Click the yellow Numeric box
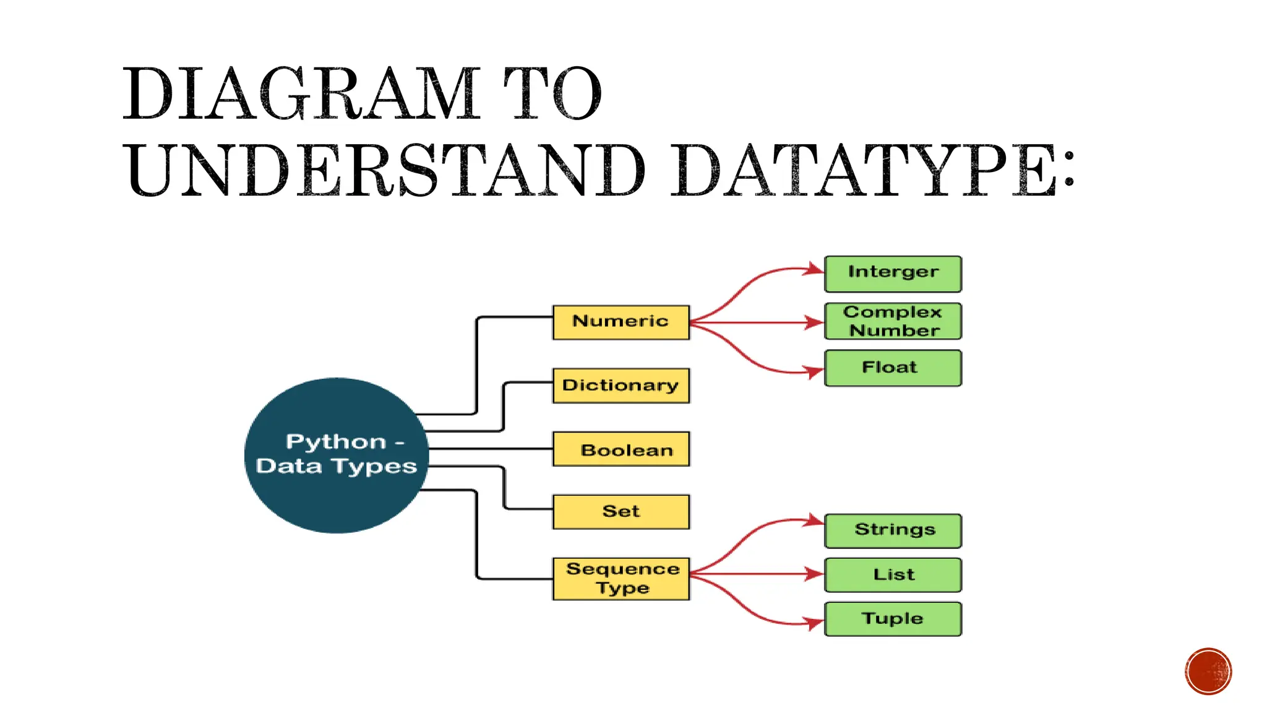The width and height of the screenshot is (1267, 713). click(621, 322)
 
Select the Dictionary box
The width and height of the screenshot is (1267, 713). click(621, 386)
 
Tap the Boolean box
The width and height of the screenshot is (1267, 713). click(621, 449)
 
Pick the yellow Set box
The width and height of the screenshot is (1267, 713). click(621, 511)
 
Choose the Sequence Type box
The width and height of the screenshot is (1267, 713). click(621, 579)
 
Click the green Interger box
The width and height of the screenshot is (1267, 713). click(893, 274)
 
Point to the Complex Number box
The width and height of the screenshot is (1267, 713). click(893, 321)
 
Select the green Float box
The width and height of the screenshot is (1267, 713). click(893, 368)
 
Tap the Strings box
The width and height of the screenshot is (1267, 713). click(893, 530)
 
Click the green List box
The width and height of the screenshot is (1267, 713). click(893, 575)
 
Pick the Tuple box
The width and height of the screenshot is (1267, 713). click(893, 619)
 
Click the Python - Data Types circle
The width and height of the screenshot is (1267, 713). click(337, 455)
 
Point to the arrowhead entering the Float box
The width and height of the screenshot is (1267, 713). click(815, 371)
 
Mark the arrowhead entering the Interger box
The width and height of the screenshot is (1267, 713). click(815, 269)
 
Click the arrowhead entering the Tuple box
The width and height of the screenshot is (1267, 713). click(815, 623)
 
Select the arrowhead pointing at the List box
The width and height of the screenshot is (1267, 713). click(815, 574)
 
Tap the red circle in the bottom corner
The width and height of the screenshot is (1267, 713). click(1208, 672)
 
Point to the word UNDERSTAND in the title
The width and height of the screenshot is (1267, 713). click(387, 170)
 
